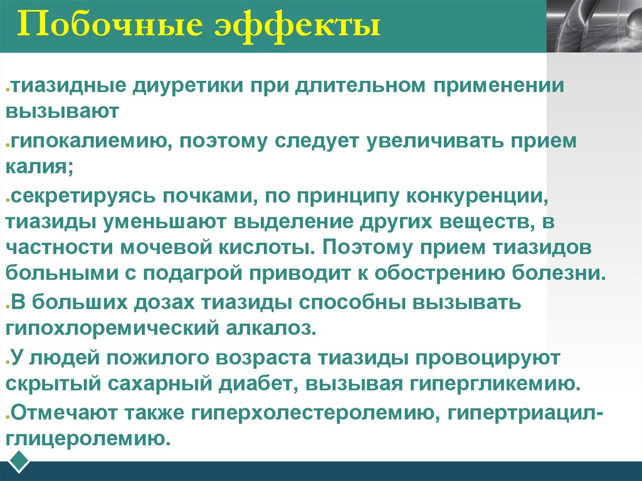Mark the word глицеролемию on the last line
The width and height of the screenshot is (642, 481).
[88, 438]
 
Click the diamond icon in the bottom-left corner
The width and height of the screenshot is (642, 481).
[19, 460]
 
